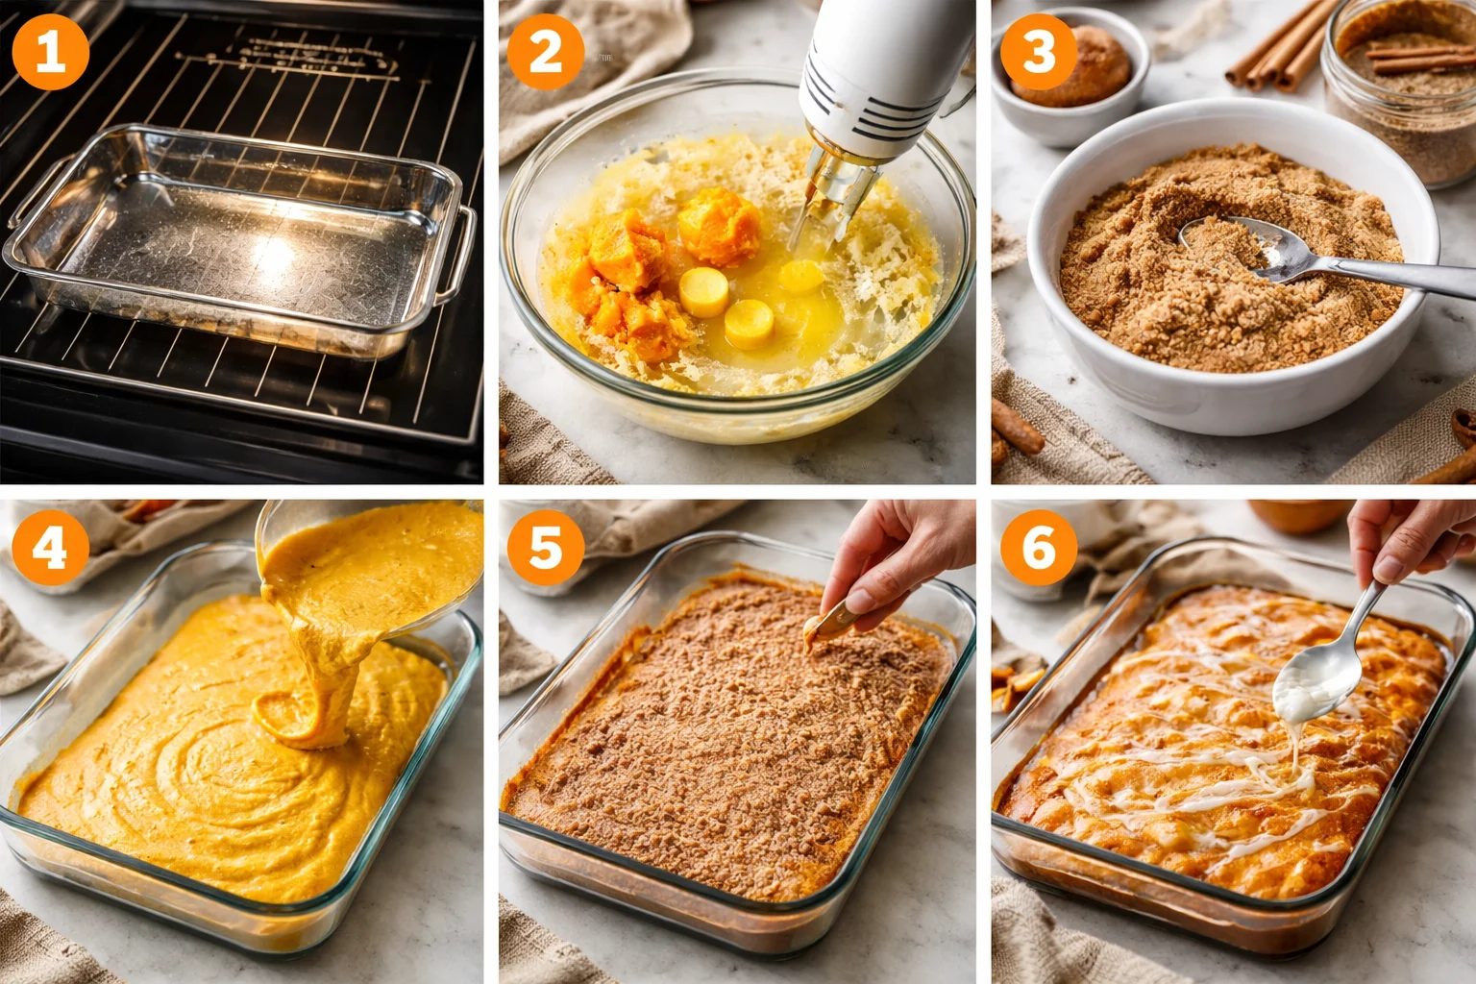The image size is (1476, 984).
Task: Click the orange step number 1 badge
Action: (50, 51)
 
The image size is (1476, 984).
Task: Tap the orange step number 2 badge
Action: (545, 51)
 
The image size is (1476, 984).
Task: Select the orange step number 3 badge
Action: (1039, 51)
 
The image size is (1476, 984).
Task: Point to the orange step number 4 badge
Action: (50, 547)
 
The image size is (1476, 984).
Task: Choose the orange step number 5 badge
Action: (545, 547)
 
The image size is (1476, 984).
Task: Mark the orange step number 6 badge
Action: (1039, 547)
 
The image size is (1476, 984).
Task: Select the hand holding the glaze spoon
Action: (1411, 538)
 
